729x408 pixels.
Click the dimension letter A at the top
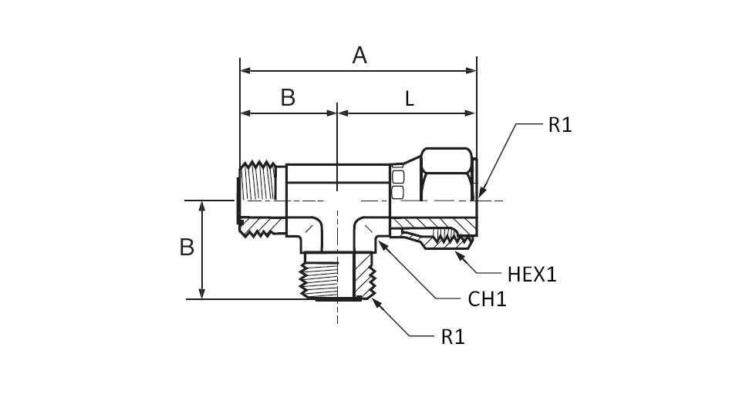(359, 56)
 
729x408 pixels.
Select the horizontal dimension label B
(288, 98)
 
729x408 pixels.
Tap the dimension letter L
(410, 99)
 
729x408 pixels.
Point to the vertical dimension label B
(187, 248)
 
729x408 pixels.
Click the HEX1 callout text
(532, 274)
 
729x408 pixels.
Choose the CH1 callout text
(488, 299)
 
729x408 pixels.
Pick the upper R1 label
(560, 125)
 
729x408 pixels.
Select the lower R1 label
(453, 336)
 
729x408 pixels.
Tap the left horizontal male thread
(258, 197)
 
